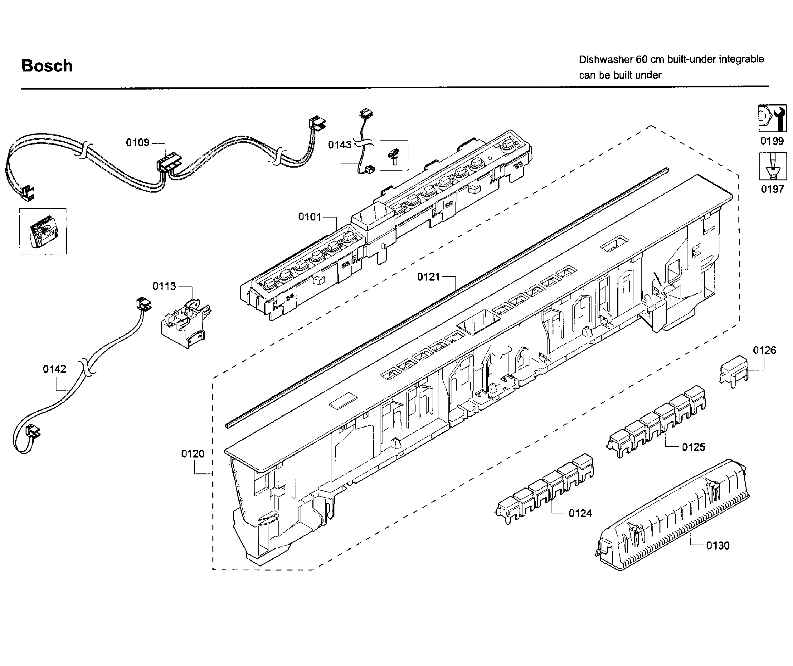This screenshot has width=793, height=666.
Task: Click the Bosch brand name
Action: tap(47, 66)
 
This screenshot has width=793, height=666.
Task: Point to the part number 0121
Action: tap(428, 277)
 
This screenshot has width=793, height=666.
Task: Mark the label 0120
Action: tap(192, 454)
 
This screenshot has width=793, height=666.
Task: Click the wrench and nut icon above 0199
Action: tap(772, 119)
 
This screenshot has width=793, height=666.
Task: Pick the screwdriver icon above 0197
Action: tap(772, 167)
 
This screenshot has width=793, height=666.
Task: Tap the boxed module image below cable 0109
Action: tap(43, 231)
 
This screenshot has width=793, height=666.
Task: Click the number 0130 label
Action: tap(718, 546)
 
